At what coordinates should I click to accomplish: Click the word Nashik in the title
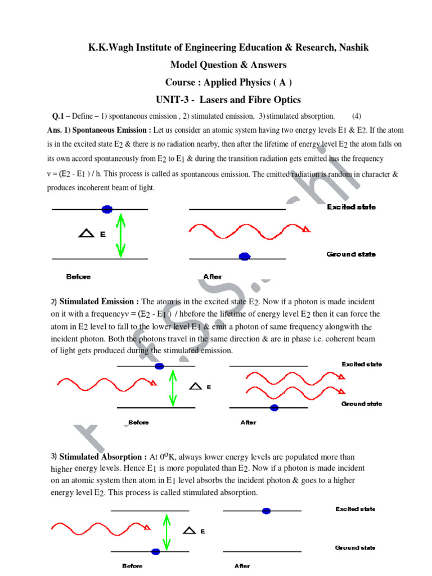pos(354,47)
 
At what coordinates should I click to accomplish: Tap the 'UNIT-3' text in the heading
pos(173,100)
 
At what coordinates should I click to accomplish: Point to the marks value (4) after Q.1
pos(357,116)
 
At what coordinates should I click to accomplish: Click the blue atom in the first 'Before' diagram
pos(106,209)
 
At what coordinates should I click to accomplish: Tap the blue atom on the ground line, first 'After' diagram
pos(244,256)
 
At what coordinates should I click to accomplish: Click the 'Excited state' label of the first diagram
pos(351,208)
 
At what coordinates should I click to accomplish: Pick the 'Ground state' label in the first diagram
pos(351,254)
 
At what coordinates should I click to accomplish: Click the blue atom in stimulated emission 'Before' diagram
pos(159,366)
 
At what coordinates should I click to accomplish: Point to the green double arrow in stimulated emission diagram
pos(172,387)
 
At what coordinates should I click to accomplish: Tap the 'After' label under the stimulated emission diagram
pos(248,422)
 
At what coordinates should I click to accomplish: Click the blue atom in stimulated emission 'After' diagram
pos(274,408)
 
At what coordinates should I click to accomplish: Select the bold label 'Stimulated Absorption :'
pos(103,457)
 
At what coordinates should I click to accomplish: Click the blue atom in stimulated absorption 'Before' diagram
pos(155,551)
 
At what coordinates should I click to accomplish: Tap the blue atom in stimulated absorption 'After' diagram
pos(266,511)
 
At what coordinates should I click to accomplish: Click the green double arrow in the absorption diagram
pos(166,530)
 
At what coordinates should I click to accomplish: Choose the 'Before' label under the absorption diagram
pos(132,566)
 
